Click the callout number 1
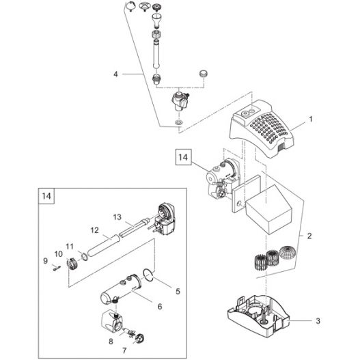coord(311,120)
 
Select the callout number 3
coord(318,321)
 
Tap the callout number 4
coord(115,74)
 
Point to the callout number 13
coord(117,217)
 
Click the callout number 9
coord(45,261)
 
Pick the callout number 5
coord(178,292)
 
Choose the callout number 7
coord(124,350)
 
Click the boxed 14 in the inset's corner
coord(46,196)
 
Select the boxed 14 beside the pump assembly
coord(183,157)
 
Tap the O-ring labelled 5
coord(148,275)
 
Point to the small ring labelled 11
coord(85,257)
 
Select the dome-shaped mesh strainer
coord(287,252)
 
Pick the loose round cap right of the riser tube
coord(203,74)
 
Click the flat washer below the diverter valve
coord(178,122)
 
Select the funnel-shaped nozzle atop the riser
coord(157,20)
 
